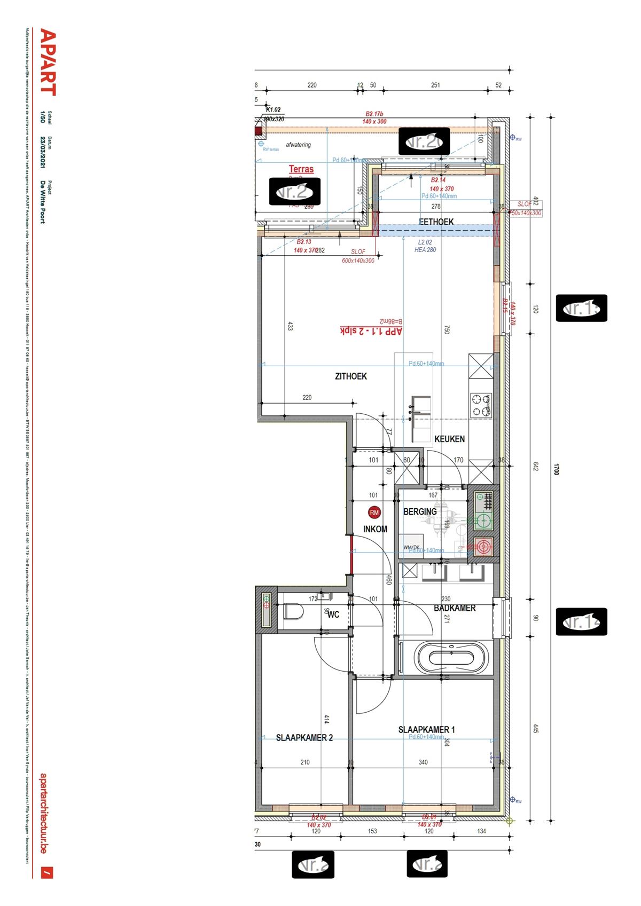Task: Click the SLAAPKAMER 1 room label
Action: click(426, 729)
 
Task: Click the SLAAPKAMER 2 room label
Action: click(304, 737)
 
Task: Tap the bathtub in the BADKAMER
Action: click(451, 657)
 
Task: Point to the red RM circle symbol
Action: click(374, 512)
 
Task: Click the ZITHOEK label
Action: click(351, 376)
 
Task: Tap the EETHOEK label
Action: click(436, 222)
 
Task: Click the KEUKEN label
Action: click(449, 439)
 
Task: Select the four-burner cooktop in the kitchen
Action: click(480, 405)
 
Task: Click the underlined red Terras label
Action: click(301, 169)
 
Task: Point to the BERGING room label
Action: click(420, 511)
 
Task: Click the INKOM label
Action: click(375, 529)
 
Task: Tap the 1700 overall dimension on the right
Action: click(556, 469)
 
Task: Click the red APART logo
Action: click(48, 62)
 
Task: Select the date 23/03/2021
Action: click(43, 152)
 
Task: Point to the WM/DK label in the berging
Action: click(411, 547)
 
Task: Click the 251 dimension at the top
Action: click(435, 85)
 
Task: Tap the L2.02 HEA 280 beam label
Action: click(425, 246)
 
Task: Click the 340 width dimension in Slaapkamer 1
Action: click(423, 762)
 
